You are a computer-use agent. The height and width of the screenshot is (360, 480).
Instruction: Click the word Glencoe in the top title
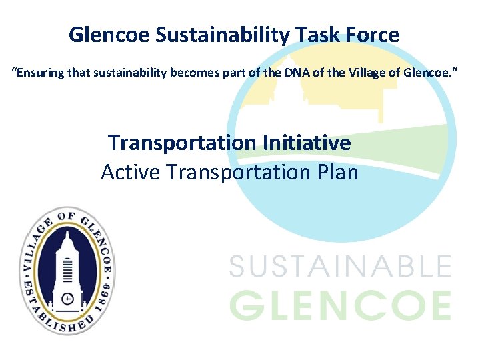click(109, 35)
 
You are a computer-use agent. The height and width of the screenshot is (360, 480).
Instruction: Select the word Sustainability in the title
click(221, 35)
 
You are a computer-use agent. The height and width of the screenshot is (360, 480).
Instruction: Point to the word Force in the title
click(373, 35)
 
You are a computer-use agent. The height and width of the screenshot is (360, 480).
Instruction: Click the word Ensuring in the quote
click(39, 71)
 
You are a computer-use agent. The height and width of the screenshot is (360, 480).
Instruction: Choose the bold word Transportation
click(182, 143)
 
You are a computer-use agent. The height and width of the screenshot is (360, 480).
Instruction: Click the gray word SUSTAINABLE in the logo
click(340, 267)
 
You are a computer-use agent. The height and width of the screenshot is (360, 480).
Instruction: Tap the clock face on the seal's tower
click(68, 297)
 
